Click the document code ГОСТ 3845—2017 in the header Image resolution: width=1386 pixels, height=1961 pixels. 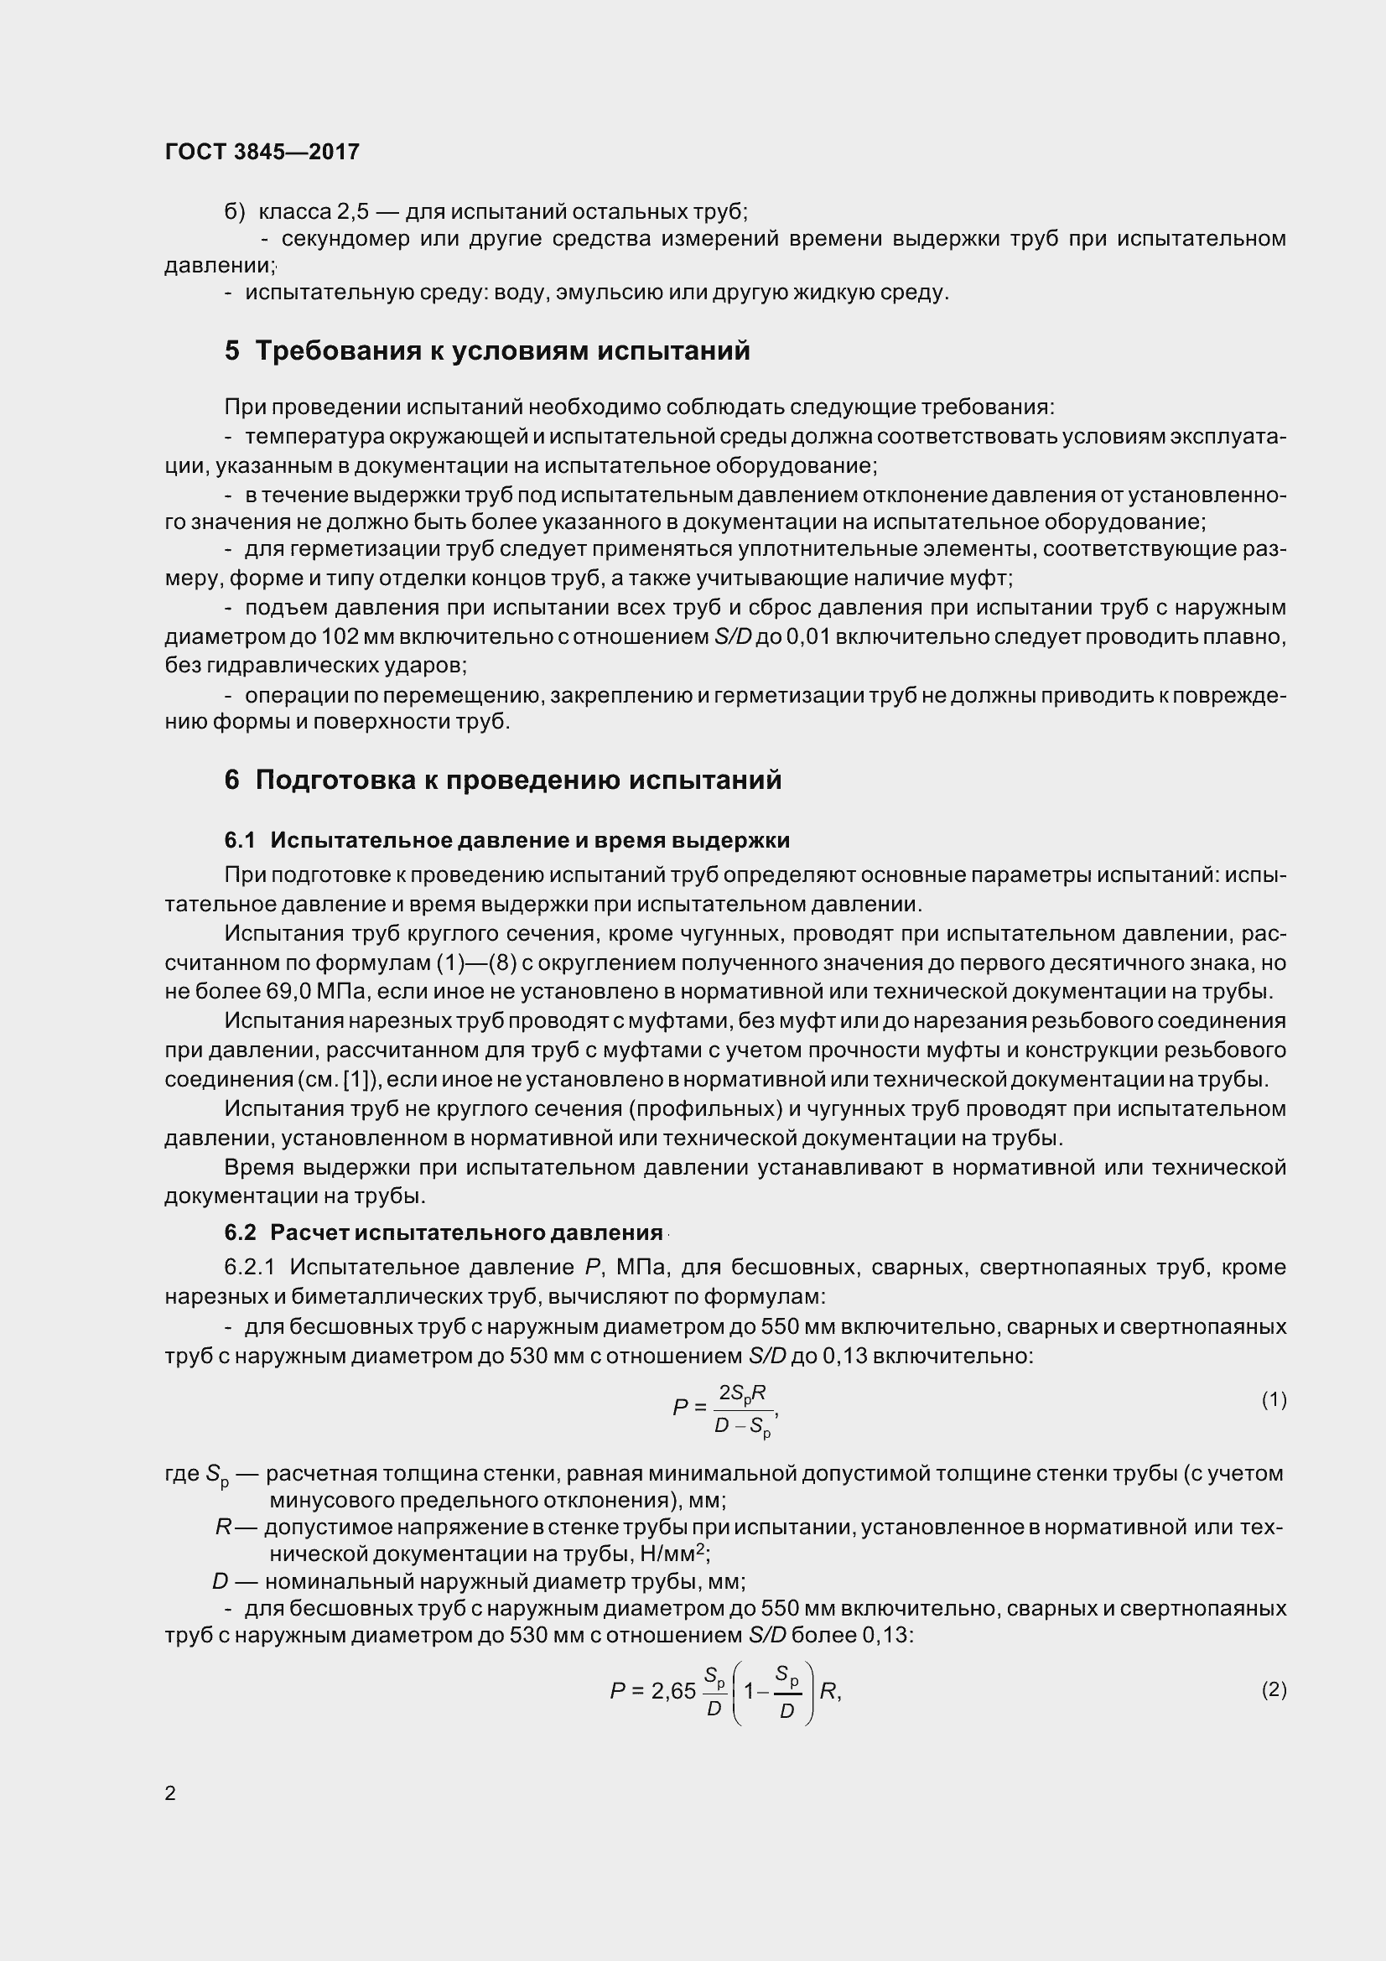click(x=262, y=152)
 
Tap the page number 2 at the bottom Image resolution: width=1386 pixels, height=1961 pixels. click(x=170, y=1792)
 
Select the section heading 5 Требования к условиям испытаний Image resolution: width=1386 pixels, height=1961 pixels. click(x=487, y=351)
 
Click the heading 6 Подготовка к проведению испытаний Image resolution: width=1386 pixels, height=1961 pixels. click(x=503, y=780)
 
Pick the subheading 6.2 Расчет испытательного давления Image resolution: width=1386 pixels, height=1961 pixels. click(x=444, y=1232)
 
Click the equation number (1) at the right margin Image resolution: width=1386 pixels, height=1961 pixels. click(x=1274, y=1399)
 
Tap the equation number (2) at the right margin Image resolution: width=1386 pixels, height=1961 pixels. click(x=1274, y=1689)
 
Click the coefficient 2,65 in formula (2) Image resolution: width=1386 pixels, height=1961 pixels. click(x=673, y=1691)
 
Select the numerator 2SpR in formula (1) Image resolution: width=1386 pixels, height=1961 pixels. click(x=741, y=1394)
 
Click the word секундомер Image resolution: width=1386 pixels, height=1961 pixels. click(x=345, y=238)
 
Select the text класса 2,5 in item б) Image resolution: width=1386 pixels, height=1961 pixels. click(x=314, y=211)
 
